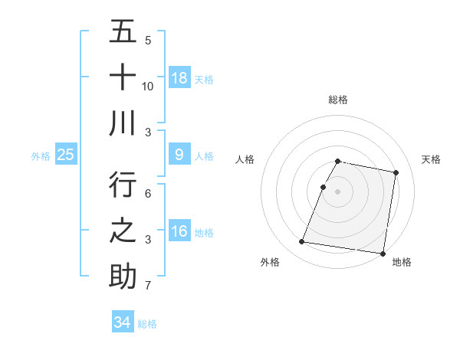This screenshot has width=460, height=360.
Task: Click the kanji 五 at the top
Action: tap(123, 31)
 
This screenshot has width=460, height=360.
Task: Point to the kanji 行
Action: tap(123, 186)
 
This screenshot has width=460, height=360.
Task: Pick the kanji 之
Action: tap(123, 231)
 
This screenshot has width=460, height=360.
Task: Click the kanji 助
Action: tap(123, 277)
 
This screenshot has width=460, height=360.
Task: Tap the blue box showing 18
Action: tap(179, 77)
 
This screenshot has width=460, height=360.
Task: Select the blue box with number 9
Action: tap(179, 155)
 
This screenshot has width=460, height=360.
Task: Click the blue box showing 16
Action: tap(179, 231)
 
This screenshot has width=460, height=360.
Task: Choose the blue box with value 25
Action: tap(65, 155)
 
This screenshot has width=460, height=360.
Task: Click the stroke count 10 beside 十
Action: tap(148, 86)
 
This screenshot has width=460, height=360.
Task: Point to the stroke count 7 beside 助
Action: tap(148, 286)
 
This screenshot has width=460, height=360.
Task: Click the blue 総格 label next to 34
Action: tap(147, 324)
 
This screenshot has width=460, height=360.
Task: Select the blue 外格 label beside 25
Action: tap(41, 156)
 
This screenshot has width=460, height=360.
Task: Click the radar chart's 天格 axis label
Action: tap(432, 159)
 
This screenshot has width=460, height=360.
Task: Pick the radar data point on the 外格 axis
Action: tap(301, 242)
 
